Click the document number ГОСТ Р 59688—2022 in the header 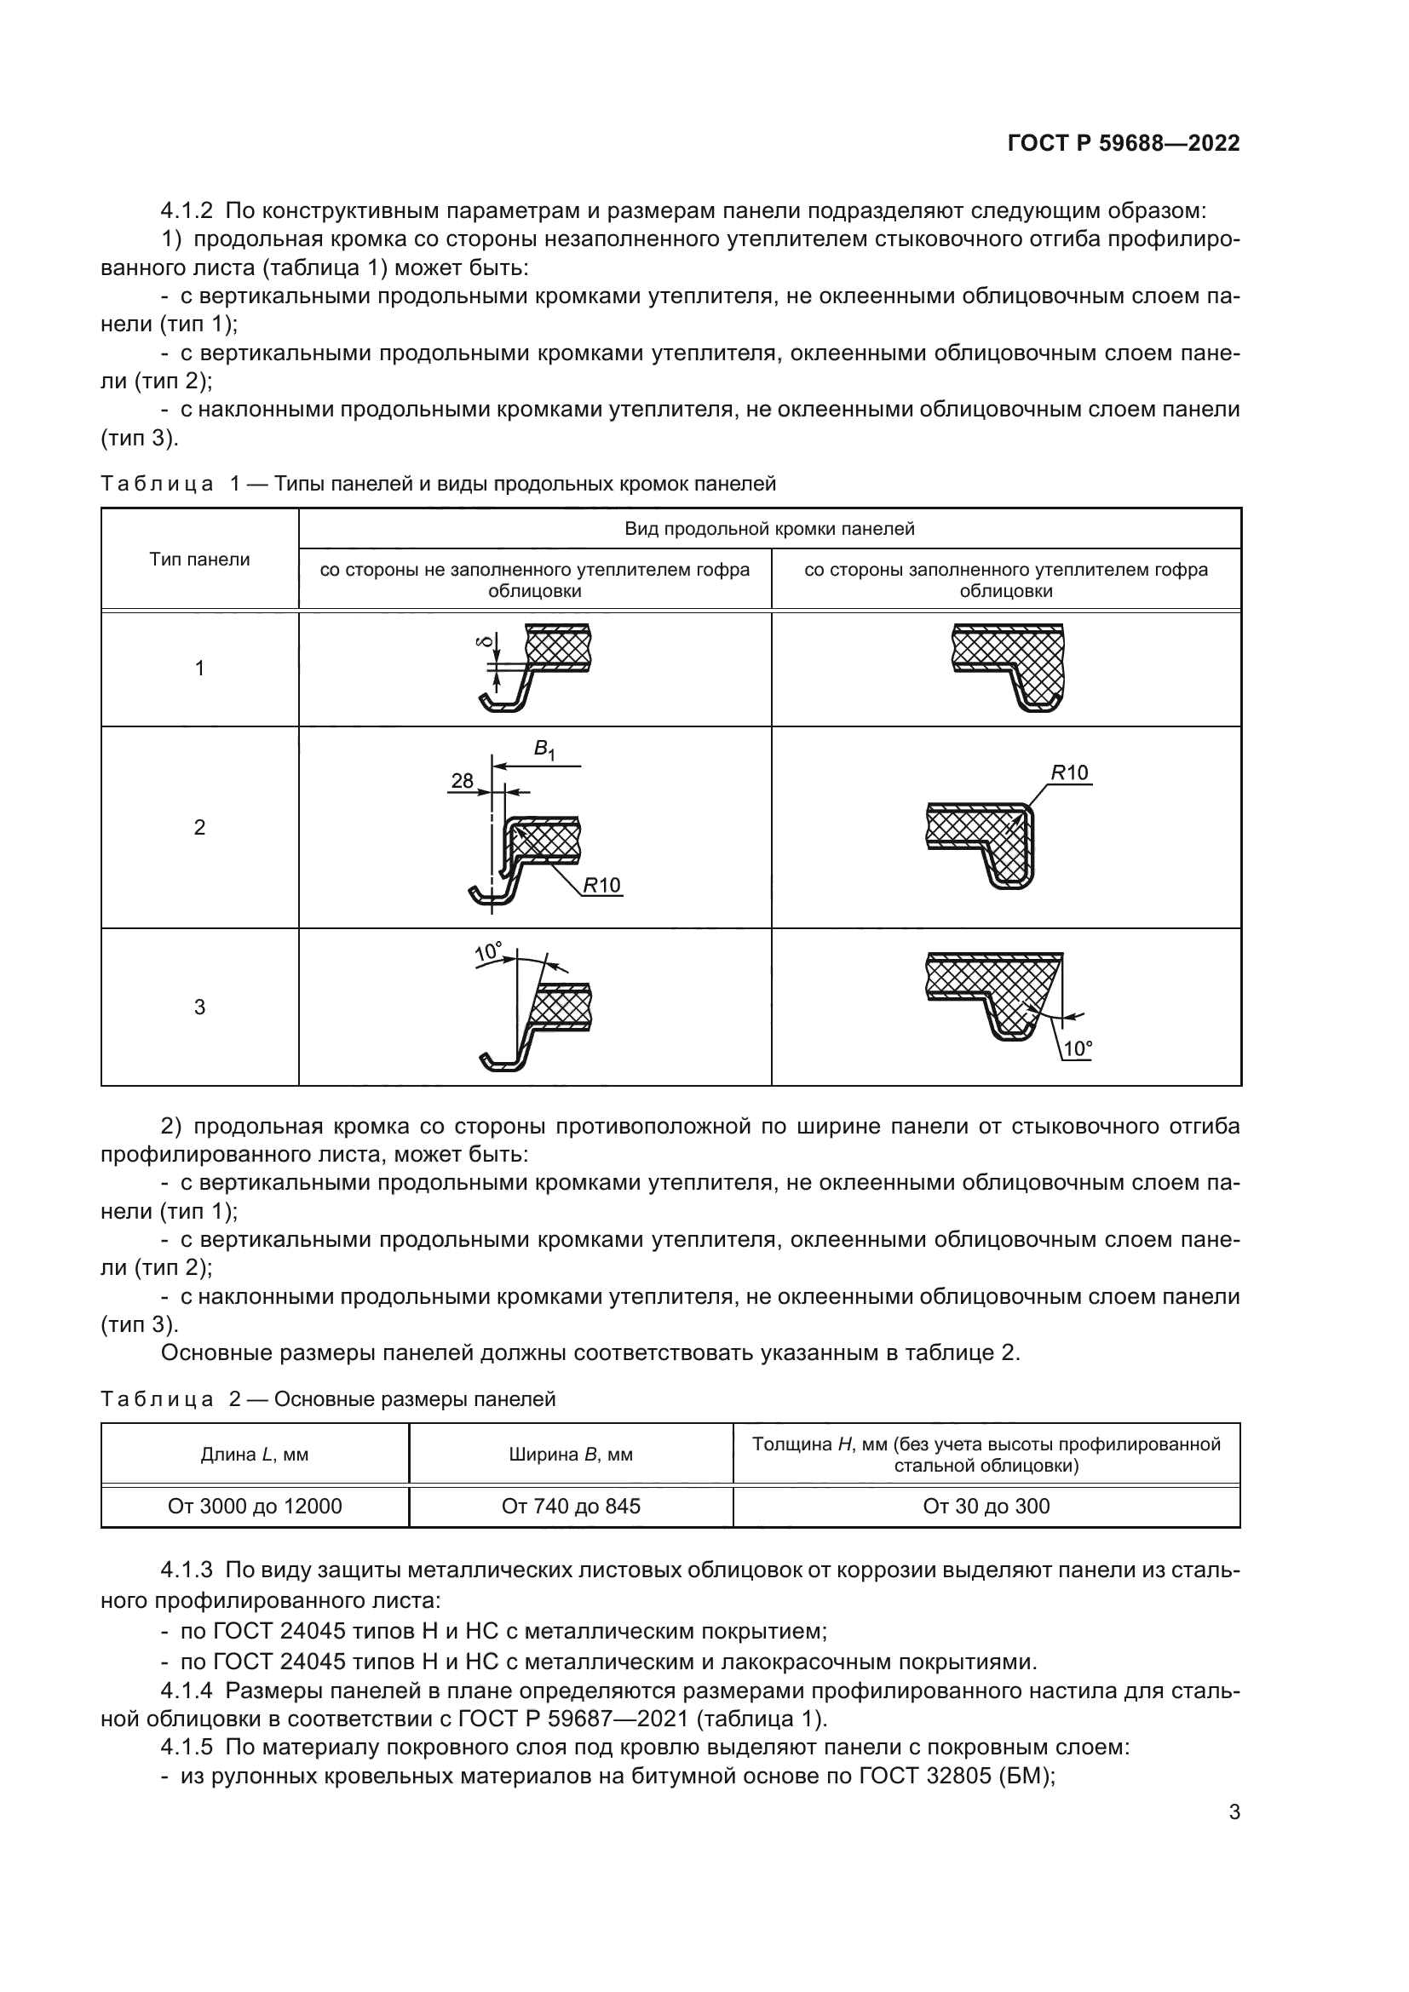(x=1124, y=143)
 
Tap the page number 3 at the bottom (x=1234, y=1811)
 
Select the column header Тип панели (x=199, y=560)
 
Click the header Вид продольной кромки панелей (x=769, y=528)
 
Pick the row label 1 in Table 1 (x=199, y=668)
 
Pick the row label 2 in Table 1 (x=199, y=827)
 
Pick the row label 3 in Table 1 (x=199, y=1007)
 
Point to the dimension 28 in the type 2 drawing (x=463, y=780)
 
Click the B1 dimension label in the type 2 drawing (x=543, y=749)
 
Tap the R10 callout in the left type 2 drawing (x=601, y=885)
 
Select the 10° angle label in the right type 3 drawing (x=1077, y=1049)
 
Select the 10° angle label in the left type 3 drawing (x=488, y=952)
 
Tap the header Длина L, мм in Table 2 (x=255, y=1455)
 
